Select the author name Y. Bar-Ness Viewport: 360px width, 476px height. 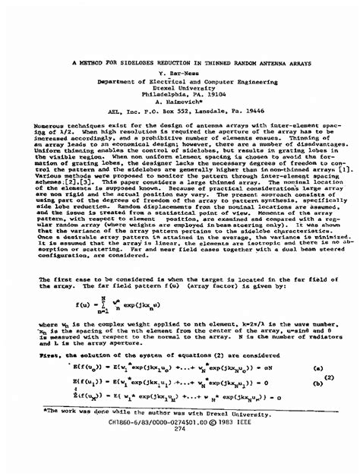pyautogui.click(x=180, y=74)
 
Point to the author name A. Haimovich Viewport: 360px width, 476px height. pyautogui.click(x=180, y=101)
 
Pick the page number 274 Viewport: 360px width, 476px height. pyautogui.click(x=180, y=429)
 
